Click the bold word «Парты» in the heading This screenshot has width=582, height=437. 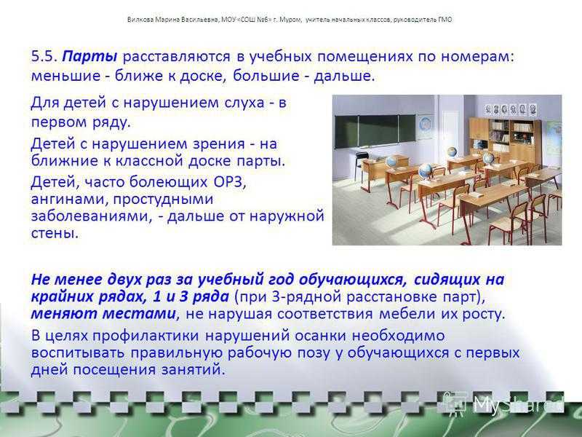point(89,57)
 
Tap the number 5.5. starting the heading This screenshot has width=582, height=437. point(44,57)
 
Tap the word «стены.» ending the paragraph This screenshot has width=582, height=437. point(55,233)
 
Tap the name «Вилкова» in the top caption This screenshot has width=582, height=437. point(138,20)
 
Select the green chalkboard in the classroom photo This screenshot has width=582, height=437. point(375,132)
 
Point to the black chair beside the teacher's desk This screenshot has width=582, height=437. point(359,165)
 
